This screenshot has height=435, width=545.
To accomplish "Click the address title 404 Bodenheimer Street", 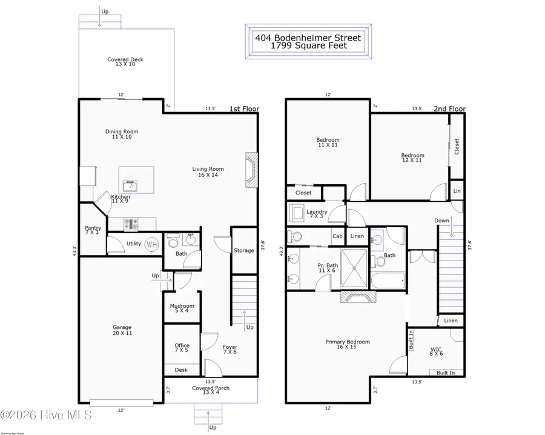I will (x=308, y=38).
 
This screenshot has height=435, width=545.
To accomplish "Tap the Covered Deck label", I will (x=125, y=59).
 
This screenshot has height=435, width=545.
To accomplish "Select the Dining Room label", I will (x=122, y=131).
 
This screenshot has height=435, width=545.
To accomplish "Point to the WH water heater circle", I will (x=151, y=244).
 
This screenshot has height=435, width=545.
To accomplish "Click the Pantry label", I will (x=93, y=228).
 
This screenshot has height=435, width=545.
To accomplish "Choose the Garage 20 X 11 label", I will (x=122, y=330).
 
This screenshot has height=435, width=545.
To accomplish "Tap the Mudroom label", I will (x=182, y=307).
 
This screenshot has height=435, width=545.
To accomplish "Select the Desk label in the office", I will (x=181, y=370).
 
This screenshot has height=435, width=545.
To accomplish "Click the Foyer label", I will (x=230, y=347).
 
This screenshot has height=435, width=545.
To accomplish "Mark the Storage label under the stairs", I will (x=244, y=250).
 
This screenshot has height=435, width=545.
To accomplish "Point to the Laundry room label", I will (x=317, y=212).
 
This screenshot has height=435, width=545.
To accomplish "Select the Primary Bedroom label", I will (x=348, y=342).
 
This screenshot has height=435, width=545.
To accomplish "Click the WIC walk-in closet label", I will (x=437, y=350).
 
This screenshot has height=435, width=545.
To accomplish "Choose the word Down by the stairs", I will (x=441, y=221).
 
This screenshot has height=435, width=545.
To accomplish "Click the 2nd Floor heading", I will (x=449, y=109).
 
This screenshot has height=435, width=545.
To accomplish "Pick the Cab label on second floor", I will (x=337, y=236).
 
